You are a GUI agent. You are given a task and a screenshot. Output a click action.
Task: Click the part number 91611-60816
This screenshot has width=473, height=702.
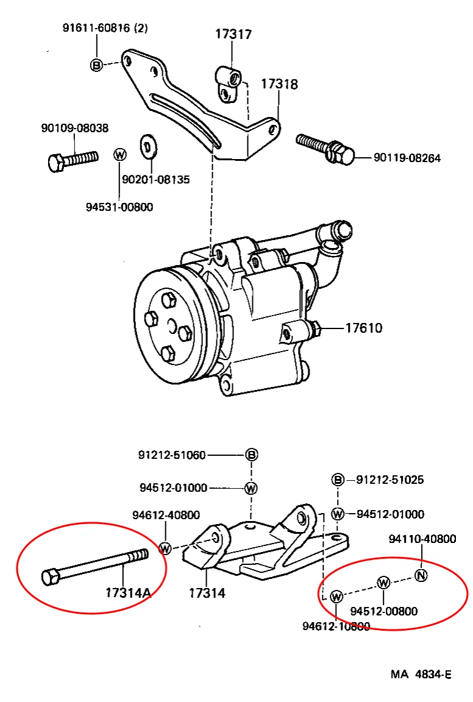pyautogui.click(x=97, y=27)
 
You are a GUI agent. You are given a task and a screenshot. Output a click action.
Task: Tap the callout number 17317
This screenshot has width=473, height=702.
pyautogui.click(x=233, y=34)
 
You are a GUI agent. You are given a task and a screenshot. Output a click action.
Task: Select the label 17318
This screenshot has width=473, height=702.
pyautogui.click(x=279, y=83)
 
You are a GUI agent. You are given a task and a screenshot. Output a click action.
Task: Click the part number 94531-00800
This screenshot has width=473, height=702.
pyautogui.click(x=119, y=207)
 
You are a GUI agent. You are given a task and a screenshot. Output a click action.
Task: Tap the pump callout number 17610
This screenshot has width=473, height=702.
pyautogui.click(x=363, y=328)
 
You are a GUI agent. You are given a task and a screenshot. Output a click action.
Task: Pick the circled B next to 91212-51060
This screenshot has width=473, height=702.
pyautogui.click(x=251, y=455)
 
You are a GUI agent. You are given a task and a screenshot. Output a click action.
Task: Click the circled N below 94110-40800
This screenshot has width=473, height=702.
pyautogui.click(x=421, y=575)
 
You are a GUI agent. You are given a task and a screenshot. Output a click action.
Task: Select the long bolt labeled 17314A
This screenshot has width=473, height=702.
pyautogui.click(x=94, y=565)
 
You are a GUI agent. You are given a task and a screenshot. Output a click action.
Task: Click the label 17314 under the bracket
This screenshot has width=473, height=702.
pyautogui.click(x=207, y=592)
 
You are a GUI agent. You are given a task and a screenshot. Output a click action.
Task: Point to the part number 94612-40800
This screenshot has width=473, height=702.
pyautogui.click(x=166, y=515)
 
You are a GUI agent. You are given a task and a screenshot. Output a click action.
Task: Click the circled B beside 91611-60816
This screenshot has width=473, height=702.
pyautogui.click(x=96, y=65)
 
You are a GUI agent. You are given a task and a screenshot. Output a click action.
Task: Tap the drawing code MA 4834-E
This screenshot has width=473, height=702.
pyautogui.click(x=421, y=675)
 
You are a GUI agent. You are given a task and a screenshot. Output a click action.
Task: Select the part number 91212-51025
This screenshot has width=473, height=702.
pyautogui.click(x=389, y=480)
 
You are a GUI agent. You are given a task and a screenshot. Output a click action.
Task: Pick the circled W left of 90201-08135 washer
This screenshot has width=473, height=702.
pyautogui.click(x=120, y=154)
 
